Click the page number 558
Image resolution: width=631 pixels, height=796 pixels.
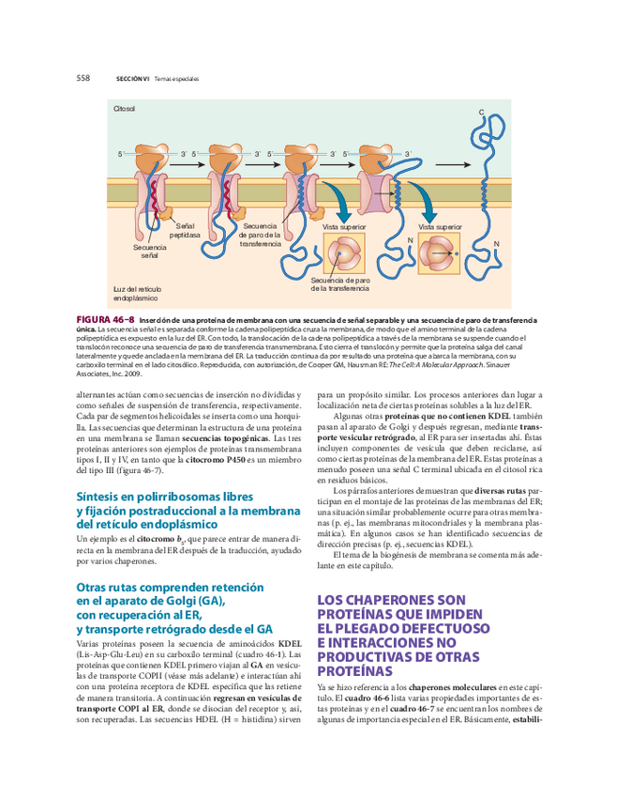coord(83,78)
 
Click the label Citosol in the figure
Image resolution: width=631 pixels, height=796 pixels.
coord(125,110)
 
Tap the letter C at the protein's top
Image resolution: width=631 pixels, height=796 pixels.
coord(482,113)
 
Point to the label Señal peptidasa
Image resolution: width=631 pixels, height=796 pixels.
coord(185,231)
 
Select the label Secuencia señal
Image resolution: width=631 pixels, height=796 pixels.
coord(149,251)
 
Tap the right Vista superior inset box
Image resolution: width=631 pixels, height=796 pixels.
coord(440,253)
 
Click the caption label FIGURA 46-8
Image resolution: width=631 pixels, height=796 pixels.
coord(105,320)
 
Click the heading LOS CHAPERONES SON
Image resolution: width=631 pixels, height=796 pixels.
coord(391,599)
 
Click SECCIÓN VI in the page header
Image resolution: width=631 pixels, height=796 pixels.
coord(132,79)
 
